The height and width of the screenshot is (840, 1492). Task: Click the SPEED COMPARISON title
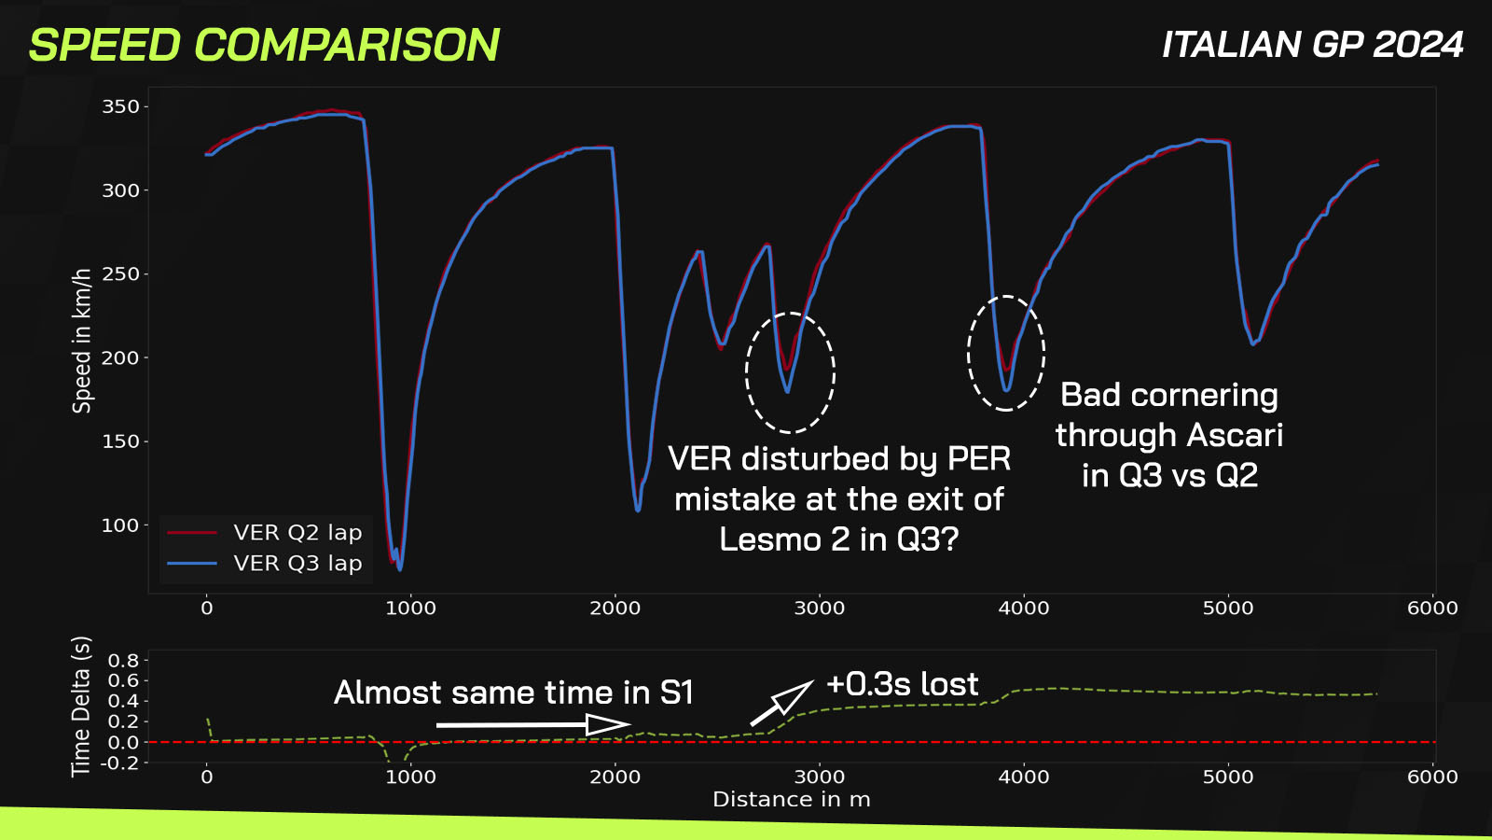pos(264,45)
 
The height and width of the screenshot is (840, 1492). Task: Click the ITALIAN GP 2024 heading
pos(1312,45)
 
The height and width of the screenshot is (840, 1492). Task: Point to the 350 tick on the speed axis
pos(120,107)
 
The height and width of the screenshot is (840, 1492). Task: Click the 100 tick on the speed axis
pos(120,525)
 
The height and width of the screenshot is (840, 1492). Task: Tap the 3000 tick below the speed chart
pos(819,609)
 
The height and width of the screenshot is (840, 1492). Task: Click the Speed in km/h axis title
pos(82,341)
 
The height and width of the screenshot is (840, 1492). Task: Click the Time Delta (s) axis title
pos(81,706)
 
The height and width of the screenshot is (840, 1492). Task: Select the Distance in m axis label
pos(791,800)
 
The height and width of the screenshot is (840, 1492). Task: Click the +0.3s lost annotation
pos(902,684)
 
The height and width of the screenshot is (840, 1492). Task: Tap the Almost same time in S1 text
pos(514,693)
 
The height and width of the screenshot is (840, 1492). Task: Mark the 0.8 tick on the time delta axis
pos(123,661)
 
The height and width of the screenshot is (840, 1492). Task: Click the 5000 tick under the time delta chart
pos(1228,777)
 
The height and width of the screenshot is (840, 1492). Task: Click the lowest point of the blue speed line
pos(400,569)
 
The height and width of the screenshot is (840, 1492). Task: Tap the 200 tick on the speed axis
pos(120,358)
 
